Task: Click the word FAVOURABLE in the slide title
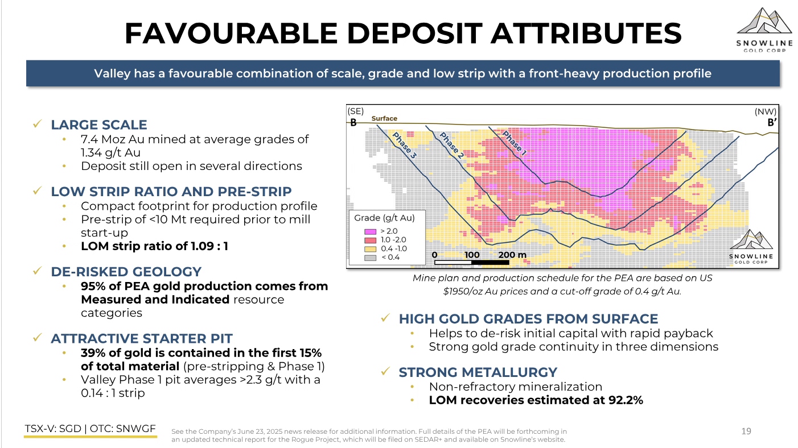(231, 33)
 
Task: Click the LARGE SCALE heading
(98, 125)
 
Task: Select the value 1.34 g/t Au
(110, 153)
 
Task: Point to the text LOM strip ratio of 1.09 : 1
(154, 246)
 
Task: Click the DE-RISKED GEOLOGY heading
(126, 272)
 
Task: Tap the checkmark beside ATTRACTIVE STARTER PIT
(38, 337)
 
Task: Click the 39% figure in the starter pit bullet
(93, 353)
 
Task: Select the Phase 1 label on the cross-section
(514, 143)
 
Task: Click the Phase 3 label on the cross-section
(404, 145)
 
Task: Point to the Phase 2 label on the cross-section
(452, 145)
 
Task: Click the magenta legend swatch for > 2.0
(370, 231)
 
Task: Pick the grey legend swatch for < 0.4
(370, 258)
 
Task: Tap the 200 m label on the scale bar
(512, 255)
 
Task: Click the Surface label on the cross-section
(384, 118)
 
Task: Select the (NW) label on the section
(765, 112)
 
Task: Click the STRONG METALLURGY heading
(478, 372)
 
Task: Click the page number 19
(746, 432)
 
